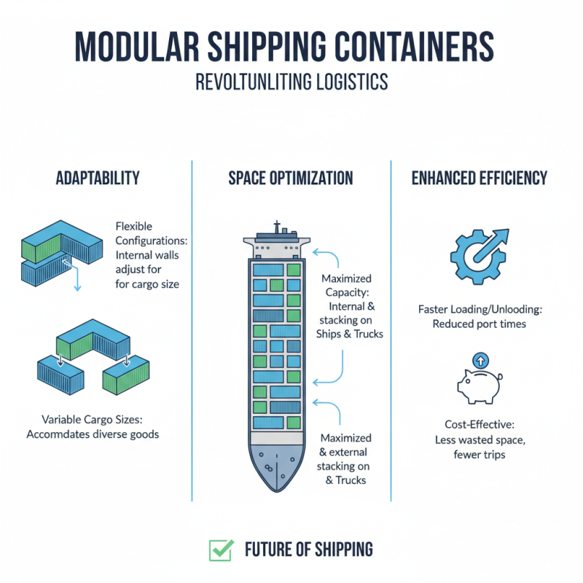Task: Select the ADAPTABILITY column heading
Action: tap(98, 178)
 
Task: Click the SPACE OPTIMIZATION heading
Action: tap(291, 178)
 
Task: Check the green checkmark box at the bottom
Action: tap(220, 550)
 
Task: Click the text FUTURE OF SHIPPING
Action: tap(309, 549)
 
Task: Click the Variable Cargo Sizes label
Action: tap(91, 419)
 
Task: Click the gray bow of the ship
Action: tap(277, 466)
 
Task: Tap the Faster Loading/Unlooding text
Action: tap(480, 309)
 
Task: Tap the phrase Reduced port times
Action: tap(479, 324)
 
